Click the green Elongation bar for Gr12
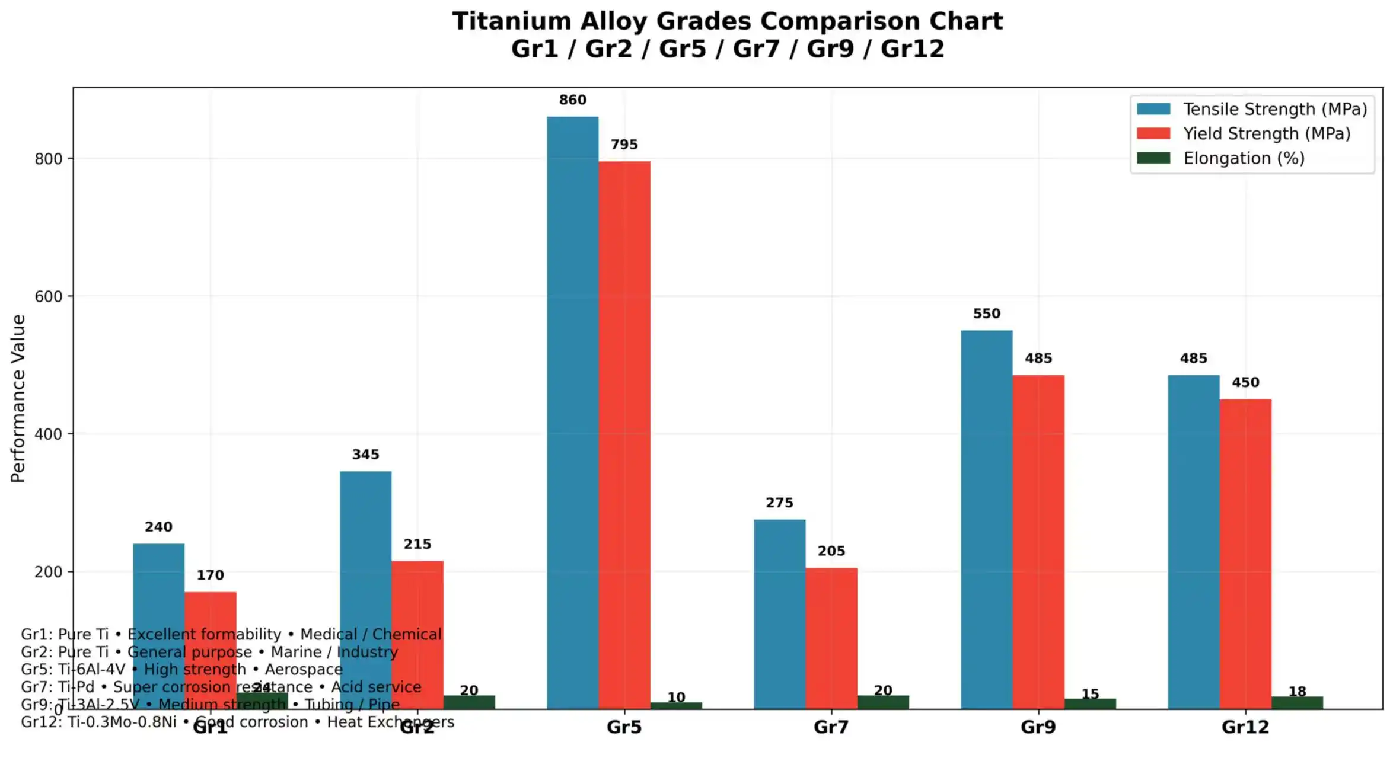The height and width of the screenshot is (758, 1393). (1297, 703)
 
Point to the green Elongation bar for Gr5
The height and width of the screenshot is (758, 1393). (676, 705)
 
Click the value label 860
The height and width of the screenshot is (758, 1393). (572, 100)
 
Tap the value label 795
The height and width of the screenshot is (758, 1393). (624, 145)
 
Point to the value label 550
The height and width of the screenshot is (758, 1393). (986, 314)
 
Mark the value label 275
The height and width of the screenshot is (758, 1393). (779, 503)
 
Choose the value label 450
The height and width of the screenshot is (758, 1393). (1245, 382)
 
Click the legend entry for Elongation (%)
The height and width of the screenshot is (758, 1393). (1244, 158)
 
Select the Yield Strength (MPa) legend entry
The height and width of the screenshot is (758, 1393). (1266, 134)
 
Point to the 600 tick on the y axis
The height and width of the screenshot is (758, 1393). (48, 296)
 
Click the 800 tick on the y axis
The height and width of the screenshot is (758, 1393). (48, 159)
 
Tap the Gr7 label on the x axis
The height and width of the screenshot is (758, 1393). (831, 727)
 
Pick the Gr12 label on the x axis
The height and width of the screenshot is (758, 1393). (1245, 727)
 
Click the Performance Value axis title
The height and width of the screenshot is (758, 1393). (18, 398)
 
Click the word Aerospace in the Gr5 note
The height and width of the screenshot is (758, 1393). (304, 669)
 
